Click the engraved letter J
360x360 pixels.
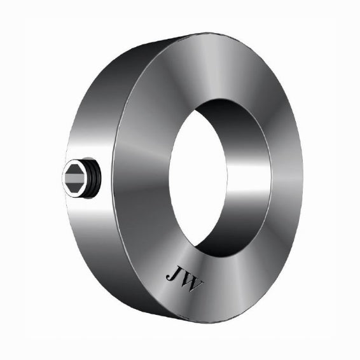click(172, 274)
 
